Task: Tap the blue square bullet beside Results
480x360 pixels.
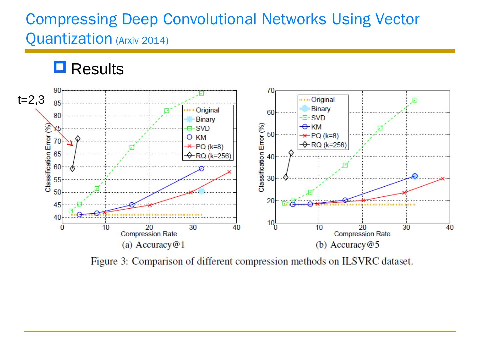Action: coord(60,67)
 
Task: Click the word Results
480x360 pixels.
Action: coord(97,69)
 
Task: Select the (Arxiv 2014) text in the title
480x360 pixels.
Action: coord(142,41)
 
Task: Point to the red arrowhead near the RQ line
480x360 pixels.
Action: coord(70,144)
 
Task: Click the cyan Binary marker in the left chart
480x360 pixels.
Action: coord(201,191)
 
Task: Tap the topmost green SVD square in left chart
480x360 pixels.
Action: coord(201,93)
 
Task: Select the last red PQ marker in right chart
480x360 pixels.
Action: coord(443,179)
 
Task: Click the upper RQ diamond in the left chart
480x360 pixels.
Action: coord(78,139)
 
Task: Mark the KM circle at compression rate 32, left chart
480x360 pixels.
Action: coord(201,169)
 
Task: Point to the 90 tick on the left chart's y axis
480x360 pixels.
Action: coord(57,91)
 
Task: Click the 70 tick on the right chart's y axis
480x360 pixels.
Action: coord(270,91)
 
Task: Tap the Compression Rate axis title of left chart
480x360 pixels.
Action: coord(149,234)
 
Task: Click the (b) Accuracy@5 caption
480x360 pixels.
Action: coord(347,245)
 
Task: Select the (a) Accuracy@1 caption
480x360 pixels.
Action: coord(153,245)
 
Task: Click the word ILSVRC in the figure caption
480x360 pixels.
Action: coord(361,261)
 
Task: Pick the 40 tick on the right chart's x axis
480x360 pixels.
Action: coord(450,228)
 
